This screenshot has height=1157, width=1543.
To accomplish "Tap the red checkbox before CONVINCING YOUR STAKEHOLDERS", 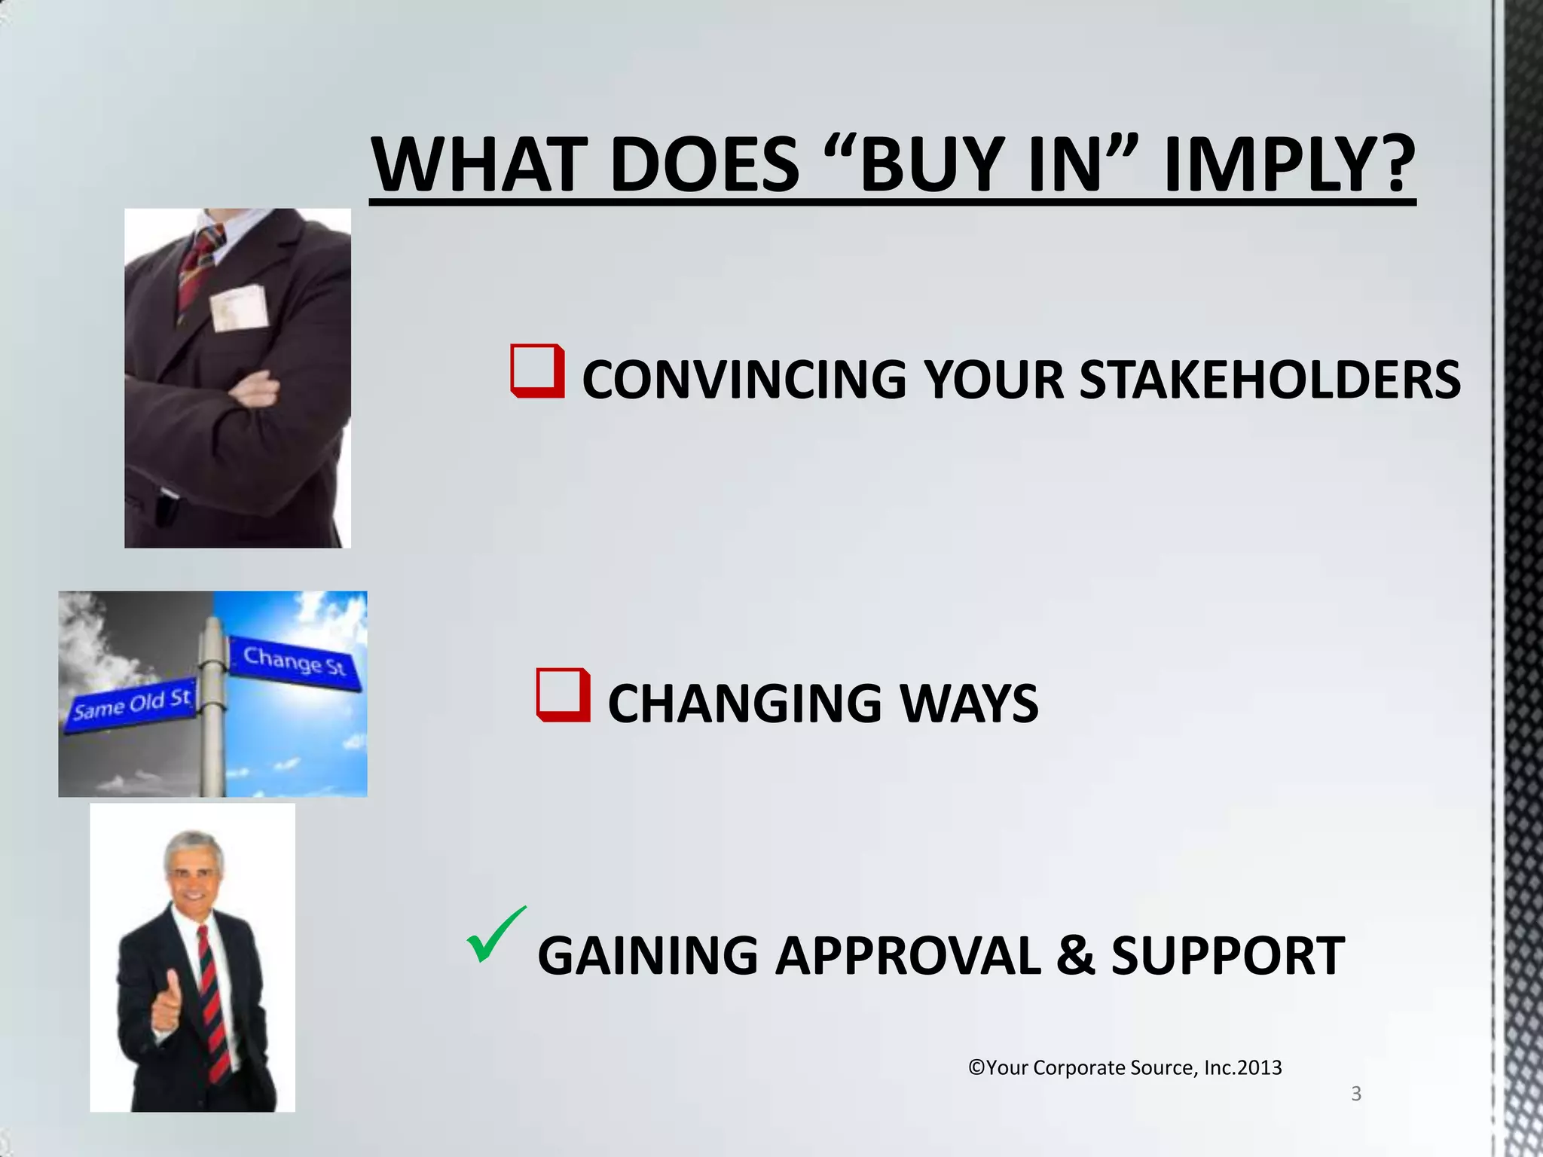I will coord(537,371).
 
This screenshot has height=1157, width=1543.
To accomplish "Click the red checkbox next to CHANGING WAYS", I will coord(563,695).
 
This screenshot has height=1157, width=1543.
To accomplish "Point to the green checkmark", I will coord(495,936).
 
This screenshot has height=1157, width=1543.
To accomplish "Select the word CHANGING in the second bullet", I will coord(744,704).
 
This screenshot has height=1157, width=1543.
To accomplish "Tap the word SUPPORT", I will coord(1228,955).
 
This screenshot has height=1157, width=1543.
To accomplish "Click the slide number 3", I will coord(1356,1093).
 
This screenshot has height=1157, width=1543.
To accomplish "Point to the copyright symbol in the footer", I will coord(976,1067).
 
